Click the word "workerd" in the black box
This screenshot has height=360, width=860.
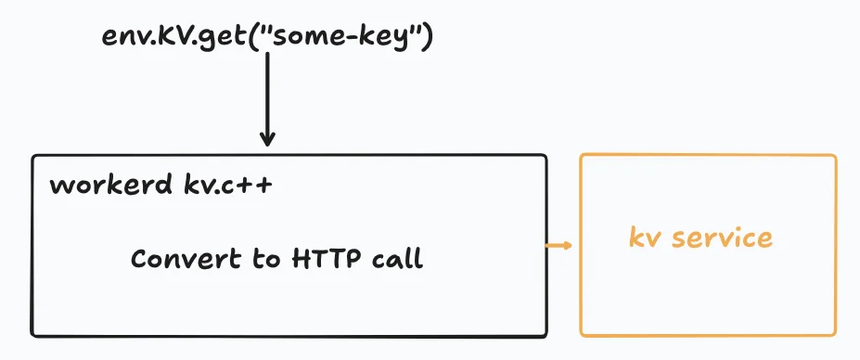point(109,185)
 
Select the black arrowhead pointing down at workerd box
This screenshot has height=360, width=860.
point(267,139)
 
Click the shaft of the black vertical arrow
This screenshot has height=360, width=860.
point(267,93)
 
